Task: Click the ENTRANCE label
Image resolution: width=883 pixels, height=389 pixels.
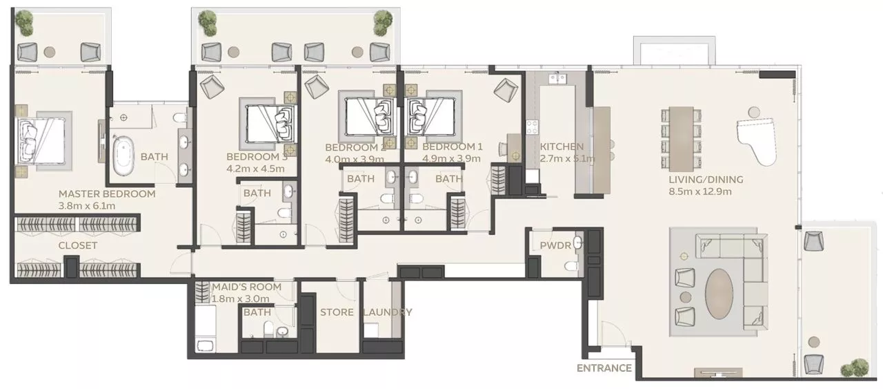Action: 604,368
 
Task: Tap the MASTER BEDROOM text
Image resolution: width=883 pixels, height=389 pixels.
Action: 107,194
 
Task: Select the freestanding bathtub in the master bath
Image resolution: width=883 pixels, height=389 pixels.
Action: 123,155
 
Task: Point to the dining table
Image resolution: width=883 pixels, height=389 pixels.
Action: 682,139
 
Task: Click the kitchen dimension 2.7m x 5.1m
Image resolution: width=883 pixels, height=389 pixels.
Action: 567,159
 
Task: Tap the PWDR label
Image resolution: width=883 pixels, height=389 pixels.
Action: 555,246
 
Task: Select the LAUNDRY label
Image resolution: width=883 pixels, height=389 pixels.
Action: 388,312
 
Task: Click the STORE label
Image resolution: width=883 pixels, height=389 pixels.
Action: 337,312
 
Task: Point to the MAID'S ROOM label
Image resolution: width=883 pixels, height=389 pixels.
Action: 247,287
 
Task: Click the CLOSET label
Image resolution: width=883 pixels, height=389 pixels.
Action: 78,245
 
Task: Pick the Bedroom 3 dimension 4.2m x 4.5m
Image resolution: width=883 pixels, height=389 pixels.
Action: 255,169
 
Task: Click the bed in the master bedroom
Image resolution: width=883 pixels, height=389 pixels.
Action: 40,141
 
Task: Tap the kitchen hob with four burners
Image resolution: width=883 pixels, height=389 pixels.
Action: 531,128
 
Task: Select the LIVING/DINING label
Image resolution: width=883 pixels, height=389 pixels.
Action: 706,180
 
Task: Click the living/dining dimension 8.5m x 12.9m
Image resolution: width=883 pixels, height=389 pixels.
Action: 700,191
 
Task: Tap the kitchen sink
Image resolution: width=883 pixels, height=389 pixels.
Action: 557,78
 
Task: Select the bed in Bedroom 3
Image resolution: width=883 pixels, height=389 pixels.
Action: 270,123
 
